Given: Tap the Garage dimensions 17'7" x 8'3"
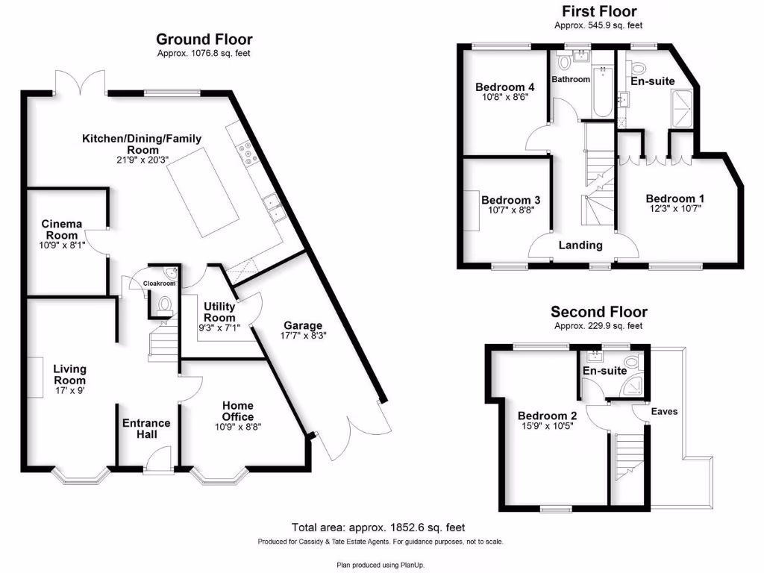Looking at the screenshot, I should pos(303,336).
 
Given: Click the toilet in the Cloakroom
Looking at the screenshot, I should pos(164,304).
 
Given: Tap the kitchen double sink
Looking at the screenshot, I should pos(273,207).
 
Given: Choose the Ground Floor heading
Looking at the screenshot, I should pos(204,40).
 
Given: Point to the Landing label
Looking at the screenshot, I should pos(580,245).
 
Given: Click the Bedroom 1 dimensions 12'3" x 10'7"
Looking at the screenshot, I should pos(675,210).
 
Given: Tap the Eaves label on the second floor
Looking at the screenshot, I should pos(664,411).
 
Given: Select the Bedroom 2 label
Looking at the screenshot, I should pos(543,416).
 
